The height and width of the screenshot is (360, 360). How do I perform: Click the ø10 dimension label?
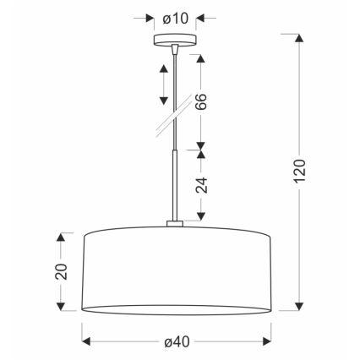[174, 16]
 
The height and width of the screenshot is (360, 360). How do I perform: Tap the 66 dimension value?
[201, 102]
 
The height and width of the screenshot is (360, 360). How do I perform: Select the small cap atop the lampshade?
[174, 225]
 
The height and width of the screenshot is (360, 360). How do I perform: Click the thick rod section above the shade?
[174, 186]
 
